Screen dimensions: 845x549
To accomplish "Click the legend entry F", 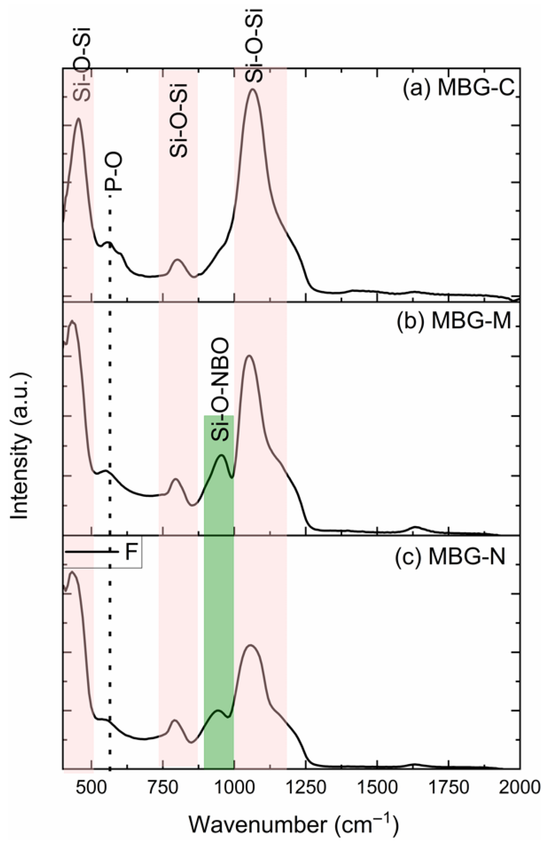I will coord(132,553).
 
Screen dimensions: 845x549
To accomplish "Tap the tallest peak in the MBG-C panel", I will coord(252,89).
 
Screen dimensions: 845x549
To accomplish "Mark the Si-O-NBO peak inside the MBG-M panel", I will coord(222,455).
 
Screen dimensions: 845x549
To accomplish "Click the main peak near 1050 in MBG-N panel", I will coord(250,645).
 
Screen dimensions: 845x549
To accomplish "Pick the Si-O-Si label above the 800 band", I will coord(178,120).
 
